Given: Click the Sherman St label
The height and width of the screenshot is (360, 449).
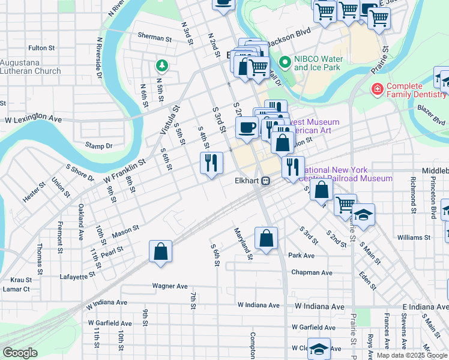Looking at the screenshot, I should pos(155,37).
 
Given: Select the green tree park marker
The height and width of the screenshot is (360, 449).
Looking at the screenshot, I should pos(161,64).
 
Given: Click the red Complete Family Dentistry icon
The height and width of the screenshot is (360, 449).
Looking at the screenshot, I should pos(377,90).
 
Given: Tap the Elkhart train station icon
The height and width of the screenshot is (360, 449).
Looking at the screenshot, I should pos(265,180).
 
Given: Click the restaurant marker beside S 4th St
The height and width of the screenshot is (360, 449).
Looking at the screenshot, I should pos(211,163).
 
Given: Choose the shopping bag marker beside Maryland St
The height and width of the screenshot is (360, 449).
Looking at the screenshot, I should pos(266,238).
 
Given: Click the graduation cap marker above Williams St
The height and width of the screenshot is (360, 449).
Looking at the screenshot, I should pos(364,214).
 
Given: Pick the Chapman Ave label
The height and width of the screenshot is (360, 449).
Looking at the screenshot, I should pos(312,272).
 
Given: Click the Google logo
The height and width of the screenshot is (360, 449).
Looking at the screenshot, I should pos(20,353).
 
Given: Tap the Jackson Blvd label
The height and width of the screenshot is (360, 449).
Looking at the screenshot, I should pos(290,44).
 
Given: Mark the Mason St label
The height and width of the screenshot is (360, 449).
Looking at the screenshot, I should pos(125,229).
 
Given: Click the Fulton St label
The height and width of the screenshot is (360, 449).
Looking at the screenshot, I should pos(42,47).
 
